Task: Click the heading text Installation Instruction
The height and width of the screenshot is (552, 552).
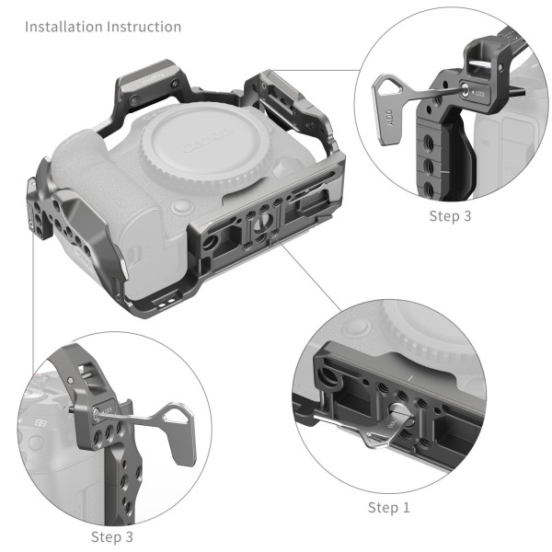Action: tap(103, 27)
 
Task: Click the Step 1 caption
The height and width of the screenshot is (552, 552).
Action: tap(389, 507)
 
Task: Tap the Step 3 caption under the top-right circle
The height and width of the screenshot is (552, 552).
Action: tap(452, 216)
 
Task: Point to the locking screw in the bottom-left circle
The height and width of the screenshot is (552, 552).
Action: tap(96, 413)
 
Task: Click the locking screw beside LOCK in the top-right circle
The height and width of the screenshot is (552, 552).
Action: tap(465, 91)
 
